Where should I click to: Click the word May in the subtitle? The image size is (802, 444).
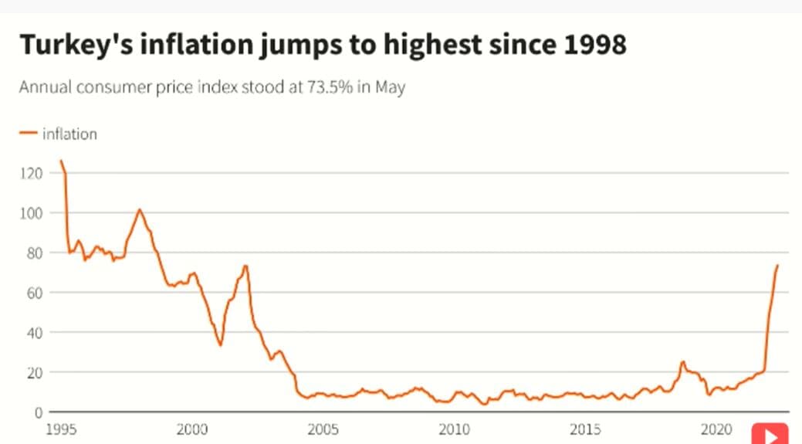[391, 86]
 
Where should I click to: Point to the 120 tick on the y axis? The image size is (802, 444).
[30, 173]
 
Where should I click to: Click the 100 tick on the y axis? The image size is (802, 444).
[30, 213]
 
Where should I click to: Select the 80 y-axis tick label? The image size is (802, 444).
[33, 253]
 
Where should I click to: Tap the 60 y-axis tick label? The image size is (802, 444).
[33, 293]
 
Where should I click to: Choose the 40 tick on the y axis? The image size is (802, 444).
[33, 333]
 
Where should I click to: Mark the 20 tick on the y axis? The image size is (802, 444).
[33, 372]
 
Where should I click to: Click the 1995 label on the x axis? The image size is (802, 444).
[62, 429]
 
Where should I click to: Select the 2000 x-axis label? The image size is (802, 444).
[193, 429]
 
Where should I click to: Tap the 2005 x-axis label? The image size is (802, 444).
[323, 429]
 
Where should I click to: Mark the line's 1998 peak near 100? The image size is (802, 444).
[140, 209]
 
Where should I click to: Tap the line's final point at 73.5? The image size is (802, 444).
[777, 266]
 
